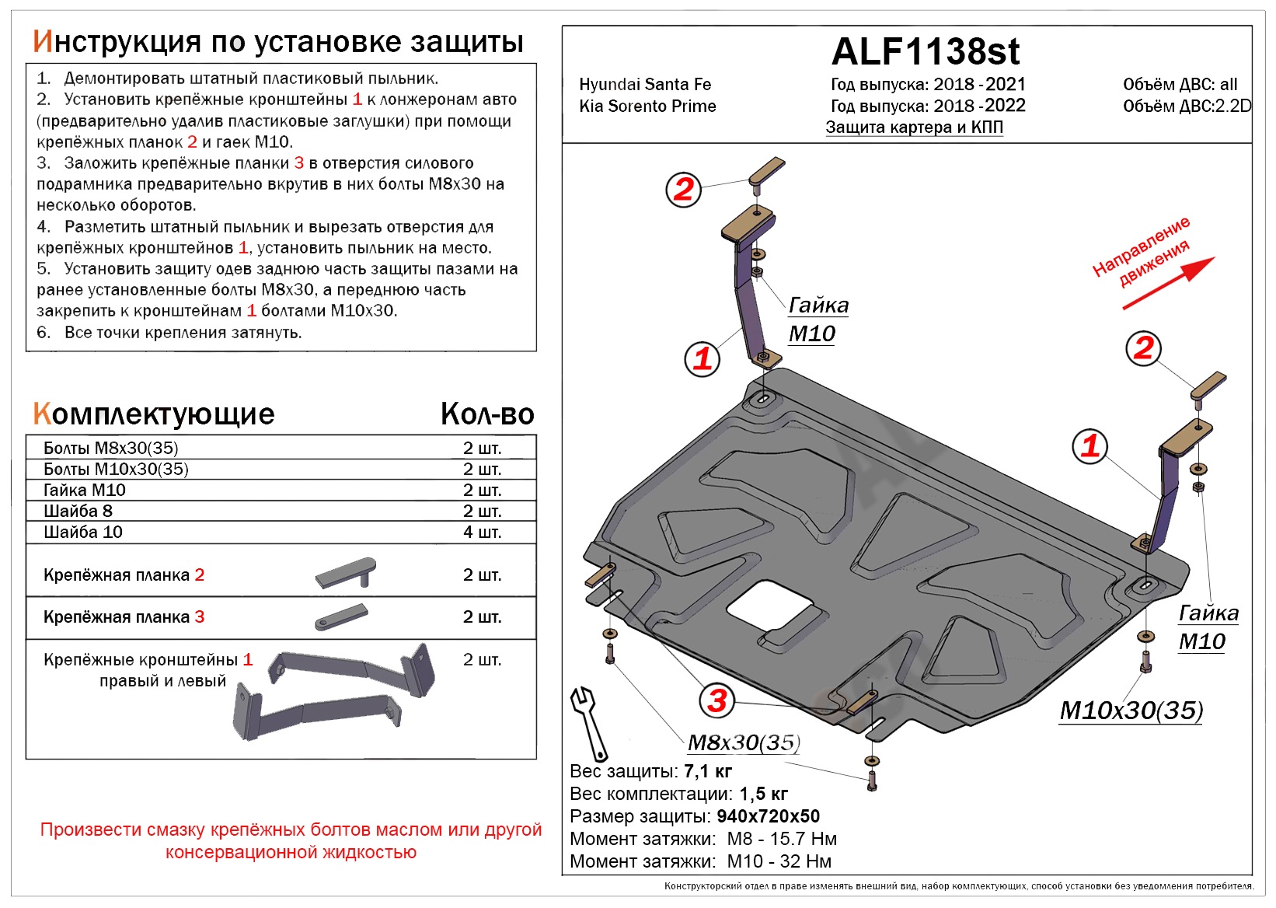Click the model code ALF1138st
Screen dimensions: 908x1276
click(x=925, y=52)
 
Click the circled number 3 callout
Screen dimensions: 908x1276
click(x=716, y=700)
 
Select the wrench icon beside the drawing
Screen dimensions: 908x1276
click(x=587, y=723)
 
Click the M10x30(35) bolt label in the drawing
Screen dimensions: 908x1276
click(x=1131, y=711)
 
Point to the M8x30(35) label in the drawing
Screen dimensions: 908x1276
click(x=744, y=742)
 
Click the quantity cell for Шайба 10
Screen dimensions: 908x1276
click(x=482, y=533)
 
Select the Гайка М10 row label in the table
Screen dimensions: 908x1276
click(x=85, y=491)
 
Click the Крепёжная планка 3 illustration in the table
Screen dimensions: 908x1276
click(x=341, y=617)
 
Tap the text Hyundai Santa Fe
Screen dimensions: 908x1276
click(x=645, y=85)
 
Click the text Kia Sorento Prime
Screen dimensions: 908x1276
click(x=647, y=107)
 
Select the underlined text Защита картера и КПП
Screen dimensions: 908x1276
click(x=914, y=127)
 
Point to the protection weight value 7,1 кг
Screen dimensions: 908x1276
click(x=708, y=772)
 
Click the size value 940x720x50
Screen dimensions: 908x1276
click(x=768, y=817)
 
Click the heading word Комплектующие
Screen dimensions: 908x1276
click(x=154, y=414)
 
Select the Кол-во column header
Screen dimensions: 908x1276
click(x=487, y=414)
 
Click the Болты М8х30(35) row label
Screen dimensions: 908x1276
click(x=111, y=449)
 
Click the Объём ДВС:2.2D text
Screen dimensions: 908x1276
click(x=1187, y=107)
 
